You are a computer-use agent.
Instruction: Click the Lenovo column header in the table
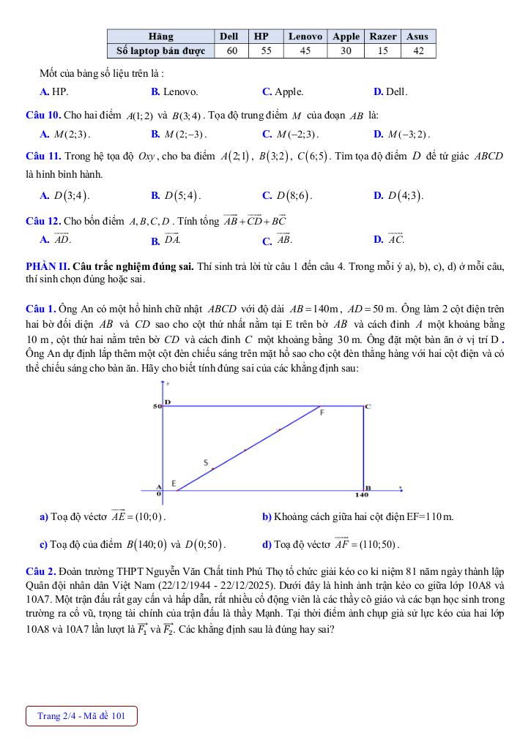click(x=305, y=36)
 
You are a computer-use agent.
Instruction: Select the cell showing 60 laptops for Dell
click(x=232, y=50)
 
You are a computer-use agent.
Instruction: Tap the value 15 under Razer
click(x=383, y=50)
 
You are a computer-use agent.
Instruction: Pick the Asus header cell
click(x=417, y=36)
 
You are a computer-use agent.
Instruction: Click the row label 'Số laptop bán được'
click(x=161, y=50)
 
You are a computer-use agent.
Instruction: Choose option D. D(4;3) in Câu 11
click(x=398, y=195)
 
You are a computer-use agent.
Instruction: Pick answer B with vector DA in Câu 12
click(x=166, y=239)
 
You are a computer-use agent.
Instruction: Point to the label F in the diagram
click(x=322, y=413)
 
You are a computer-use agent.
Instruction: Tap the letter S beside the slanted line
click(x=206, y=462)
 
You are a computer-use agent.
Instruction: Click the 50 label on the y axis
click(x=156, y=405)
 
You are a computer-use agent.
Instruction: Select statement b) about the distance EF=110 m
click(x=358, y=517)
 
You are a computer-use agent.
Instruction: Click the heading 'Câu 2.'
click(x=40, y=571)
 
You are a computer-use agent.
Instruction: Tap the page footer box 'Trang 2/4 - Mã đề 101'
click(x=81, y=716)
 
